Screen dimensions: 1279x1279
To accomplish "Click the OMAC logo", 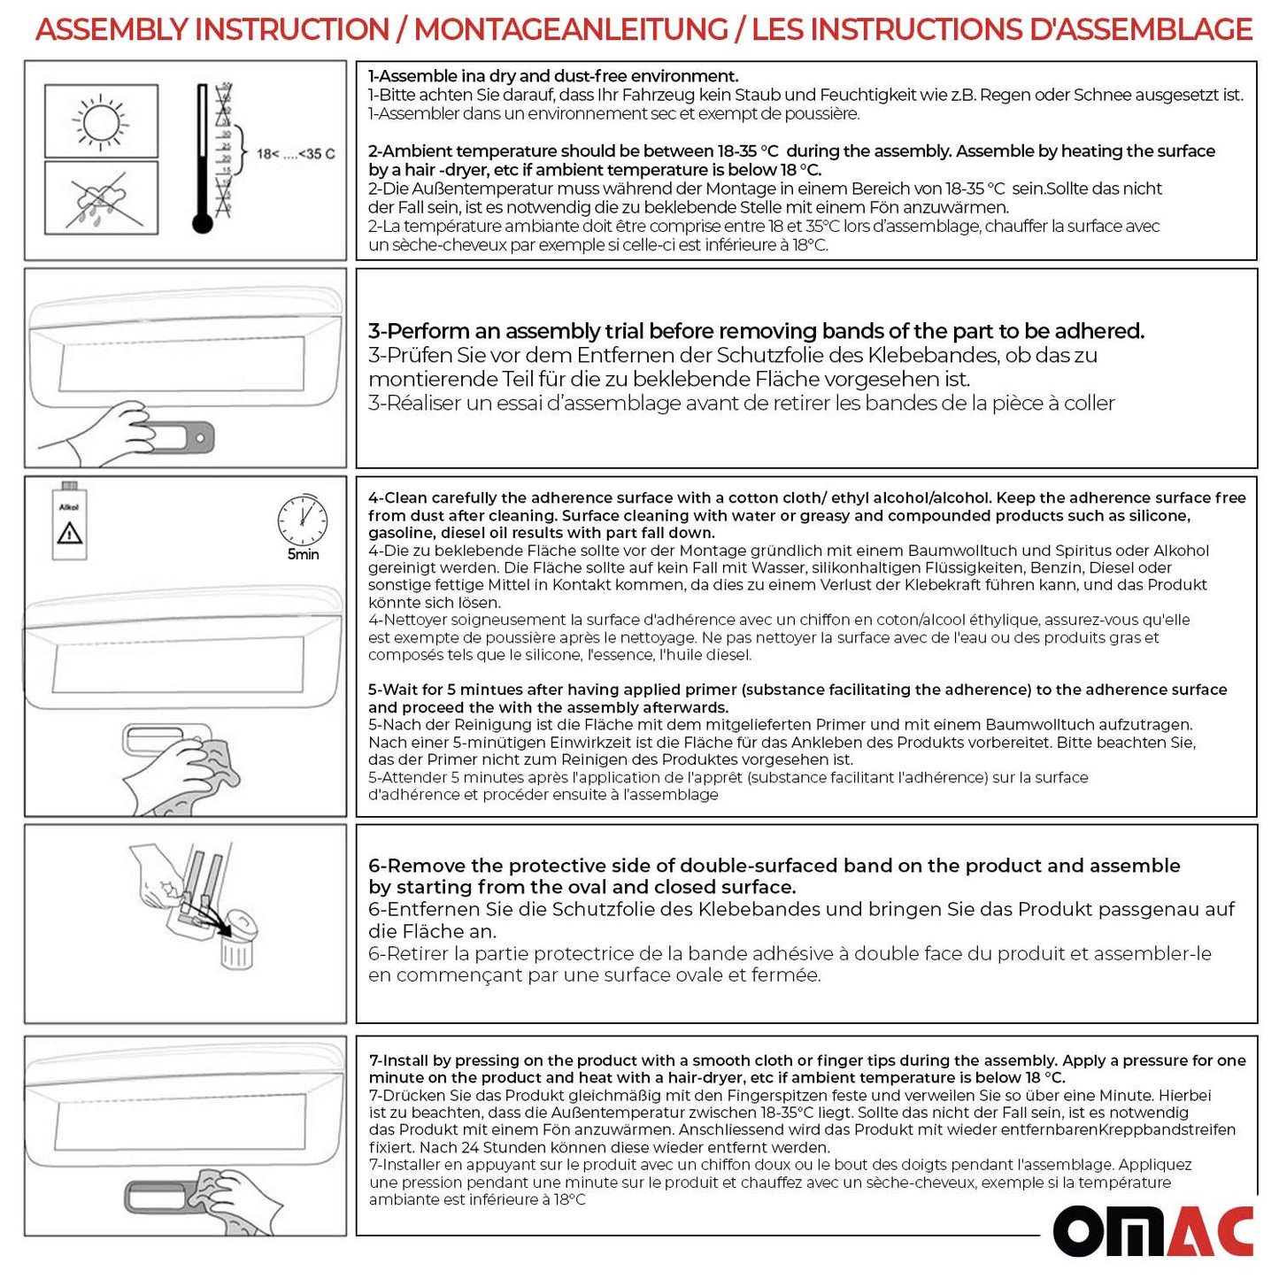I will tap(1152, 1229).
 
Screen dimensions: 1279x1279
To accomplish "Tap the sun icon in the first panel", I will tap(101, 121).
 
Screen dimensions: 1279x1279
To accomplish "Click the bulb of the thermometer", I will tap(203, 223).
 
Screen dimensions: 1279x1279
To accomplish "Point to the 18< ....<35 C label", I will tap(296, 154).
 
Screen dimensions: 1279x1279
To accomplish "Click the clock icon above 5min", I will tap(303, 520).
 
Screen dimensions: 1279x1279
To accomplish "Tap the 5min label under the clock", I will tap(303, 555).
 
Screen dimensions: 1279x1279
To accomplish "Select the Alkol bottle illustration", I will tap(69, 522).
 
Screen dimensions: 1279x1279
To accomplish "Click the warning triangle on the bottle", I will tap(69, 533).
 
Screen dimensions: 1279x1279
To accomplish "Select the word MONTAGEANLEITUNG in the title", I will tap(571, 30).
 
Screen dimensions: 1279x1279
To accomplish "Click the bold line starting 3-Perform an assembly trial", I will tap(756, 331).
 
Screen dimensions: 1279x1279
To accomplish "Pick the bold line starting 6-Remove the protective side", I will tap(774, 866).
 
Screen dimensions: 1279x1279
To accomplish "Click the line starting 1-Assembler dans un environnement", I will tap(613, 114).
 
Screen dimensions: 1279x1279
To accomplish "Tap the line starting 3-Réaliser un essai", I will tap(741, 404).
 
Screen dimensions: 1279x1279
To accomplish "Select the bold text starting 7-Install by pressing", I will tap(806, 1060).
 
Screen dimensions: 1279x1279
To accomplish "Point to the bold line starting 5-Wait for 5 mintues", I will tap(797, 690).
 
